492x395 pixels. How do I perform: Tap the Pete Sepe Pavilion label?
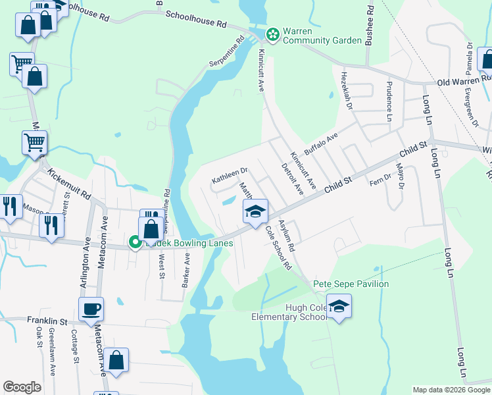click(351, 284)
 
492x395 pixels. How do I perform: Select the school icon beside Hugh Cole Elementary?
click(339, 307)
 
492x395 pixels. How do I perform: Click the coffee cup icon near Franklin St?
click(91, 308)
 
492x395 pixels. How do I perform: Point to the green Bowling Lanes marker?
click(135, 243)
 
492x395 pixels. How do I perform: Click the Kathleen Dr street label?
click(229, 175)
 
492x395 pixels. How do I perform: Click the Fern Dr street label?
click(380, 180)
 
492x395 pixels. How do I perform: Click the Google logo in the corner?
click(22, 387)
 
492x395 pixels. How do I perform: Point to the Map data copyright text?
click(451, 390)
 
